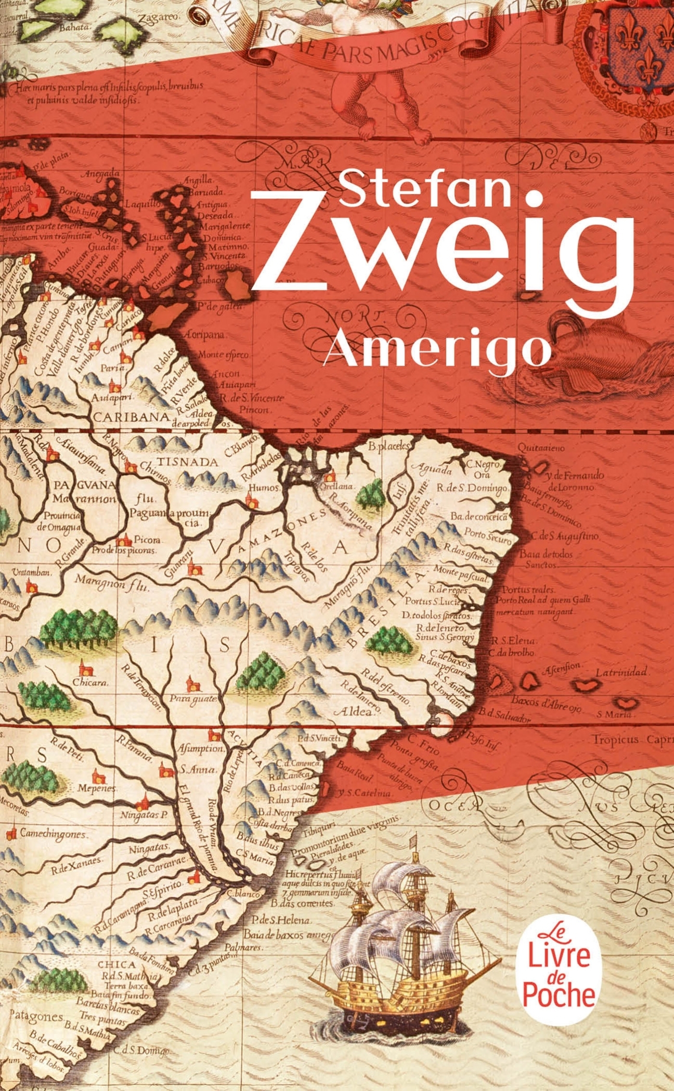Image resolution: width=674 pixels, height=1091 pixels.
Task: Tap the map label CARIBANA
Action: [131, 417]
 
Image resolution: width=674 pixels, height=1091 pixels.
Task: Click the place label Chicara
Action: [90, 683]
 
